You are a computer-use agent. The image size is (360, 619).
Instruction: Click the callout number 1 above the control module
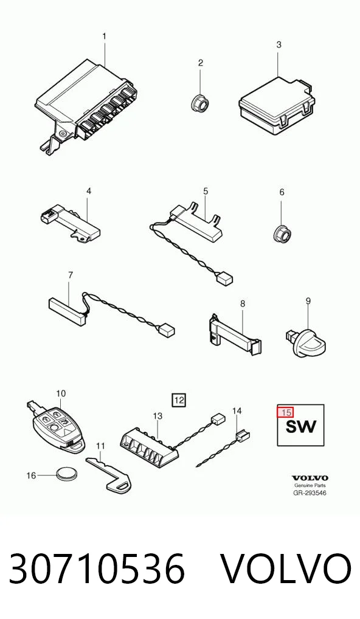(104, 36)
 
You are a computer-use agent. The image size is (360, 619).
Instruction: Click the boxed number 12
(179, 400)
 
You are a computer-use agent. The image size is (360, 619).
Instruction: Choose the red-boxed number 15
(285, 412)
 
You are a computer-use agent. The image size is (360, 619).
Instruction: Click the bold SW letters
(301, 426)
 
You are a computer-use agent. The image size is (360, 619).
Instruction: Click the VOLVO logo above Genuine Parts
(310, 479)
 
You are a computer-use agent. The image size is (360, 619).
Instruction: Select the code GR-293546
(310, 493)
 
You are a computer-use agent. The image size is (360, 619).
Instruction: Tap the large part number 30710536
(97, 569)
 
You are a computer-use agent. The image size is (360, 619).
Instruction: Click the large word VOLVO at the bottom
(285, 569)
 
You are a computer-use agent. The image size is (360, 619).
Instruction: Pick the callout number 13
(157, 416)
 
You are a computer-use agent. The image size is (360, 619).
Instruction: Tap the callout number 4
(89, 191)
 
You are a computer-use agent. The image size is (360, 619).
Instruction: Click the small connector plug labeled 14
(243, 435)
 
